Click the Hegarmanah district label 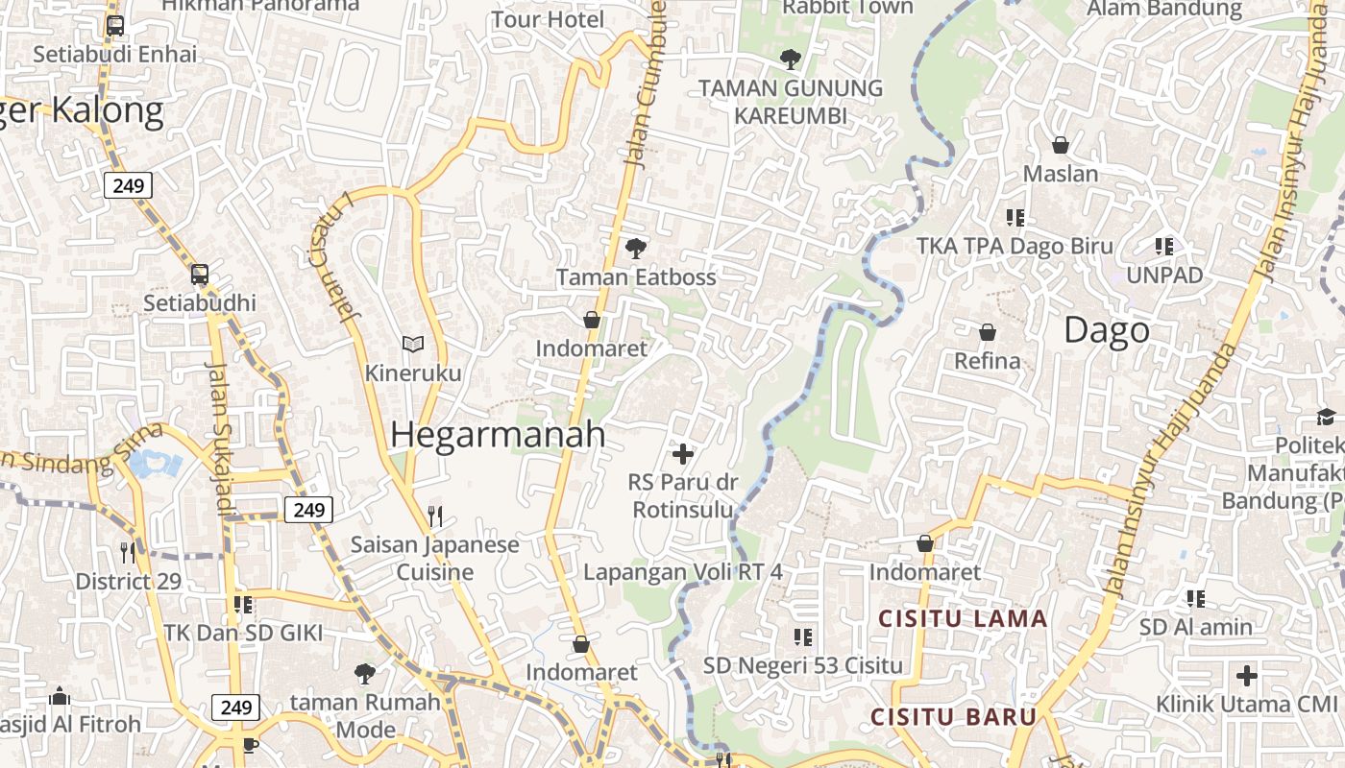click(498, 435)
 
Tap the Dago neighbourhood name click(1107, 331)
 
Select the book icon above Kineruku click(413, 344)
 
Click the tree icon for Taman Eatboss click(635, 249)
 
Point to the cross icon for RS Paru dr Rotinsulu click(683, 453)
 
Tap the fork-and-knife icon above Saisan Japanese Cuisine click(435, 516)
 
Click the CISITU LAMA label click(963, 619)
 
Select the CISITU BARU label click(953, 717)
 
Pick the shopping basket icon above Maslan click(1061, 145)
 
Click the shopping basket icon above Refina click(987, 332)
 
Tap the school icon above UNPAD click(1164, 247)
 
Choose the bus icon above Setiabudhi click(200, 275)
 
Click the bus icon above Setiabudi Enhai click(115, 26)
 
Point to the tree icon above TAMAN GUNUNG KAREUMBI click(790, 60)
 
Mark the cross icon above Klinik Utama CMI click(1246, 676)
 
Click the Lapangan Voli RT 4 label click(683, 572)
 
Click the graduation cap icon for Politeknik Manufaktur click(1326, 417)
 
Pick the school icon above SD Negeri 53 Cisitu click(803, 636)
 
